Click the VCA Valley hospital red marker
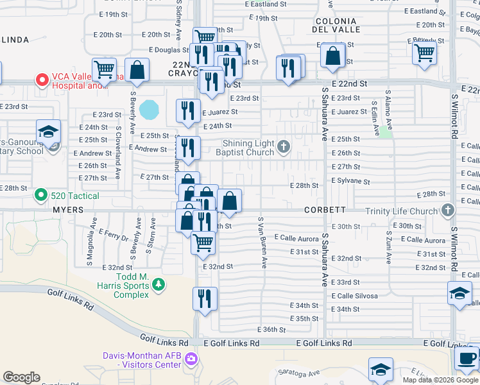coord(42,80)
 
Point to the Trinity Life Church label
coord(400,210)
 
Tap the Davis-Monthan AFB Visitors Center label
coord(142,360)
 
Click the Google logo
coord(21,377)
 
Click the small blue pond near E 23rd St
coord(150,109)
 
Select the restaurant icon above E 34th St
coord(205,298)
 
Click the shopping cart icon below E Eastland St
coord(424,52)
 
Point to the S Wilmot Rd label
coord(454,121)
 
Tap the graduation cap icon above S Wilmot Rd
coord(459,293)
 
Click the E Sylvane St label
coord(350,182)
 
